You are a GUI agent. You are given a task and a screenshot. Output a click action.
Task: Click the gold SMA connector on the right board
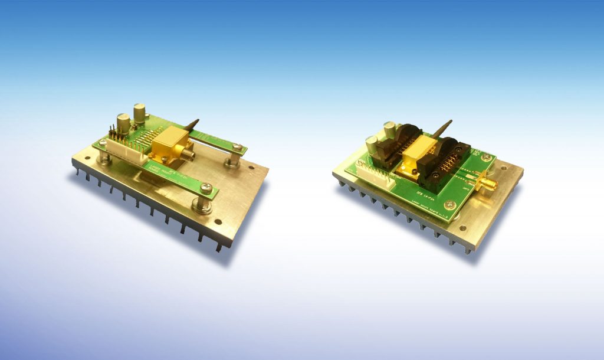point(487,184)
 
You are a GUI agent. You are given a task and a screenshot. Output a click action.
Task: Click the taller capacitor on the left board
point(140,113)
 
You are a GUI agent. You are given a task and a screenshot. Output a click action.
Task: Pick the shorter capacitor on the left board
point(124,123)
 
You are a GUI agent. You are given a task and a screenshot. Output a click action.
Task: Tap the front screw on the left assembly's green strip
point(205,188)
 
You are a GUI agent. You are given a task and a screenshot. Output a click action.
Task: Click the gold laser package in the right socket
point(417,155)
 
